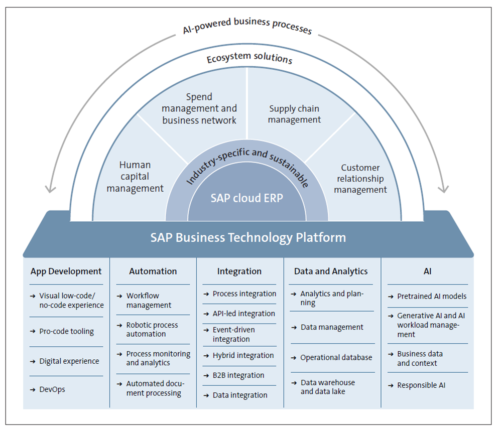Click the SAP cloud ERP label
(246, 198)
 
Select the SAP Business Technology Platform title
(248, 237)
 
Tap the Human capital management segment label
(135, 177)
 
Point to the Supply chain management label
(294, 114)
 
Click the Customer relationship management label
(360, 179)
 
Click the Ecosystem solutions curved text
(249, 59)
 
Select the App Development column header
(66, 271)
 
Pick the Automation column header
(153, 271)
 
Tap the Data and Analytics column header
(331, 271)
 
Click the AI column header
(427, 271)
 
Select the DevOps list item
(52, 389)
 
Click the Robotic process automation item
(152, 330)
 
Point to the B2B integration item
(238, 375)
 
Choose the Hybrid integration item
(243, 355)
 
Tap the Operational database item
(336, 358)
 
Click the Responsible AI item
(421, 385)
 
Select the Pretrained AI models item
(432, 296)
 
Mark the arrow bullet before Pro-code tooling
(33, 331)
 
